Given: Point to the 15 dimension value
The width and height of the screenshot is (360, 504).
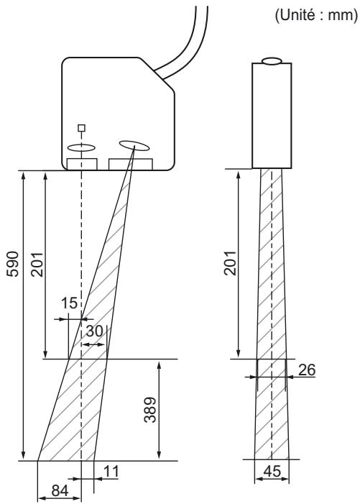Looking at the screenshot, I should pos(68,306).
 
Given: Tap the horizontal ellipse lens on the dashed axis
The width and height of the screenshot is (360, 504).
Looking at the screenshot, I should pos(81,147).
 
